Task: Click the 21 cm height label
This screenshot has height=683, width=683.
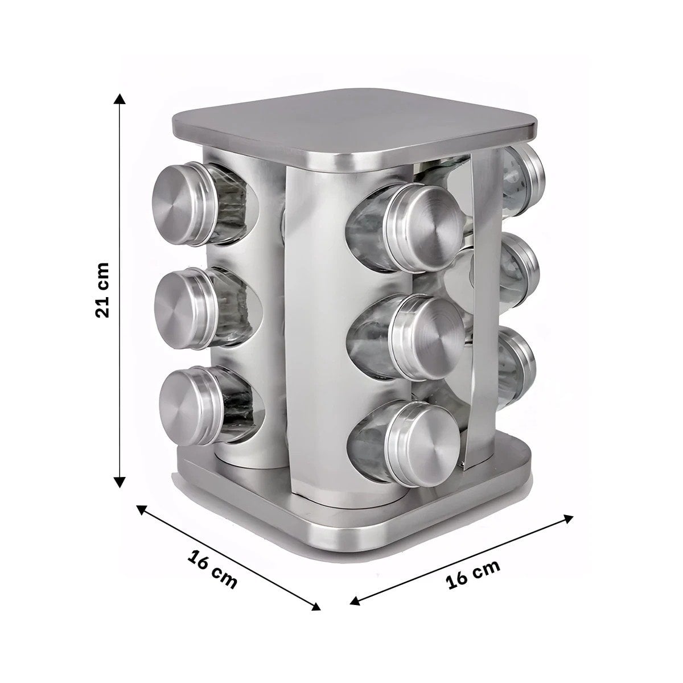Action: (x=102, y=290)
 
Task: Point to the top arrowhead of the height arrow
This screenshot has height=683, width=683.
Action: (x=120, y=98)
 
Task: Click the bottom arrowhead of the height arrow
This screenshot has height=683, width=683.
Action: (x=120, y=483)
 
